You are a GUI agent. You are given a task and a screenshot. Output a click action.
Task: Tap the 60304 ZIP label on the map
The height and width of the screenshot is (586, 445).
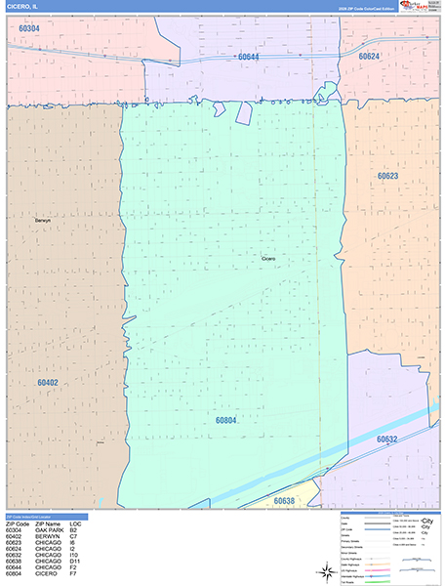click(29, 28)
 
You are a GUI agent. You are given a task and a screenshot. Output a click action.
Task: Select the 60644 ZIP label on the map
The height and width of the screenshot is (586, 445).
click(249, 57)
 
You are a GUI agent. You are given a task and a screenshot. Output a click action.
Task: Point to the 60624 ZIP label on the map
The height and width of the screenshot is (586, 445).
click(369, 57)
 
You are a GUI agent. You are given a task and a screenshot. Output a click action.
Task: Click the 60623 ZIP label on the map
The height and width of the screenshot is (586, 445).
click(388, 177)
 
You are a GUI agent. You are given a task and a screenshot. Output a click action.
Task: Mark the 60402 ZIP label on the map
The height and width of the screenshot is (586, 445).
click(48, 382)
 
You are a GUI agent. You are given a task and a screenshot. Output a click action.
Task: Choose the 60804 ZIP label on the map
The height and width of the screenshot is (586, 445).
click(226, 420)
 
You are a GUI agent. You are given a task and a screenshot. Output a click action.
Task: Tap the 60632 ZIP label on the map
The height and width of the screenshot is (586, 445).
click(388, 439)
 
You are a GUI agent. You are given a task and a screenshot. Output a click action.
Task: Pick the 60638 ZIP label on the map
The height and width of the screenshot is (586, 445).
click(284, 501)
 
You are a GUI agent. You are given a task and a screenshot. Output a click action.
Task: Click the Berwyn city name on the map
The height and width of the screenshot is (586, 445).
click(42, 221)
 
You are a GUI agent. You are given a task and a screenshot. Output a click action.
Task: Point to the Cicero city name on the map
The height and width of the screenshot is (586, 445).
click(269, 258)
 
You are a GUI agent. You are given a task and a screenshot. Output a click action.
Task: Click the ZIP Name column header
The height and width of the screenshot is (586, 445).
click(49, 523)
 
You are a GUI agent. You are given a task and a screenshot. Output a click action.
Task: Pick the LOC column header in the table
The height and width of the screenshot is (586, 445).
click(75, 523)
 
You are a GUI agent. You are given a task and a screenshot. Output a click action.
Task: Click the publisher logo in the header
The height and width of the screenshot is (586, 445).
click(416, 7)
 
